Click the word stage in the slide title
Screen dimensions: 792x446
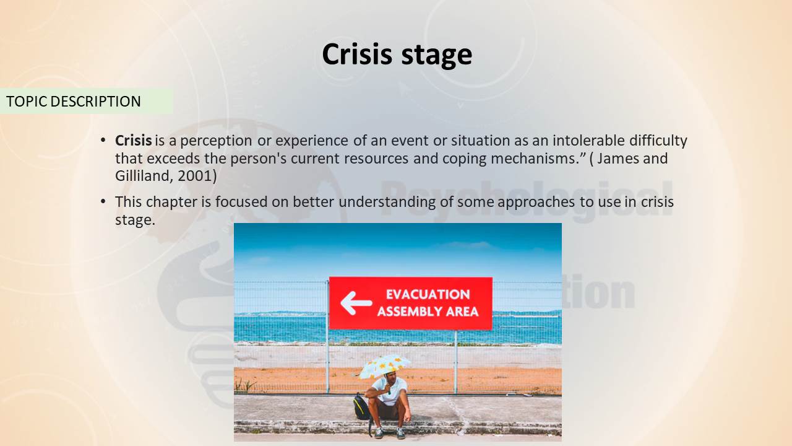pos(437,56)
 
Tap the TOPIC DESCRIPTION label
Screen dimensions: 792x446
pos(74,101)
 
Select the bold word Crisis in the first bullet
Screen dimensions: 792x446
pos(133,141)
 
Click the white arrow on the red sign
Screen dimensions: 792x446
pos(356,303)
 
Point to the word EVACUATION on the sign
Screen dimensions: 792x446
pos(428,294)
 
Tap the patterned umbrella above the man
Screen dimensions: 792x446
pos(385,365)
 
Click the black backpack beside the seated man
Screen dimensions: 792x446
pos(362,407)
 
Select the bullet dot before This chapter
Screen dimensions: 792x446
pos(103,202)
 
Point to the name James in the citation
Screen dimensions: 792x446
pos(618,158)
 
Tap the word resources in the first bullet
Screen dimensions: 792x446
pos(376,158)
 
